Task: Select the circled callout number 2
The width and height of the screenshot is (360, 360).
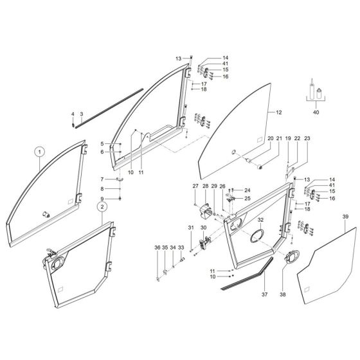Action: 102,207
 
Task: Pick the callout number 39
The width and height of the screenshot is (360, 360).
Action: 345,218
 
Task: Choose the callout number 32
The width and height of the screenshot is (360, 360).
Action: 260,219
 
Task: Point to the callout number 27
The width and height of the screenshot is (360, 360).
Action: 195,186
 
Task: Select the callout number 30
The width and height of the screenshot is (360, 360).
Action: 204,228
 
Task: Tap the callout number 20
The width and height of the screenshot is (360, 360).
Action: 270,138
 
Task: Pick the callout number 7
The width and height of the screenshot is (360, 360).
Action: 102,179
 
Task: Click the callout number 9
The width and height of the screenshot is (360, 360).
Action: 102,199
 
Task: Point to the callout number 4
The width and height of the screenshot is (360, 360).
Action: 73,114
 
